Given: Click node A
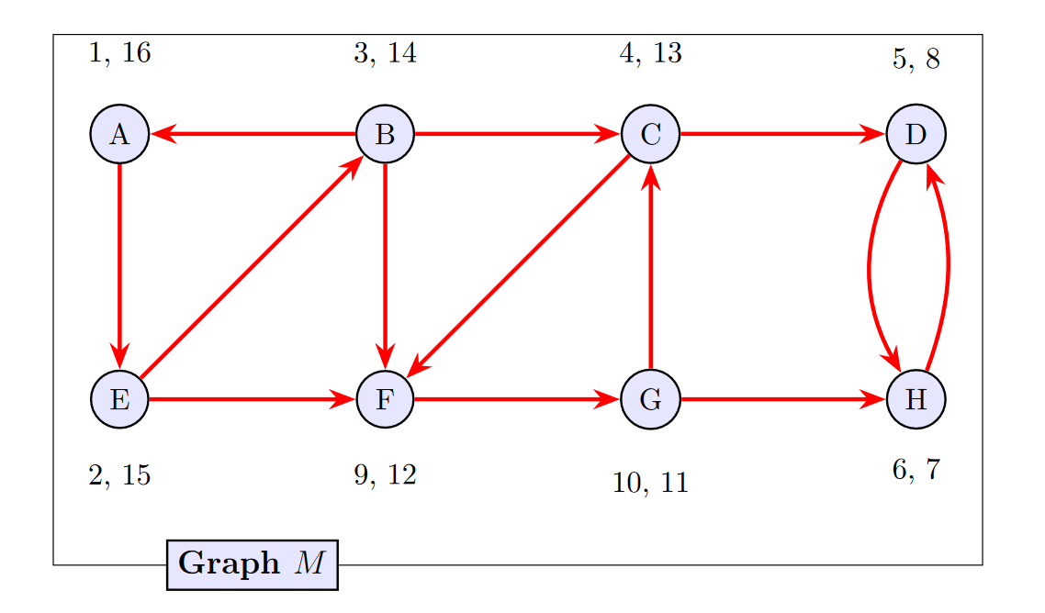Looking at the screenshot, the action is [119, 135].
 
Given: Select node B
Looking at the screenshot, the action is [385, 135].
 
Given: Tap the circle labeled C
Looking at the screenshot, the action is [650, 135].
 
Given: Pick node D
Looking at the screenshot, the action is [916, 135].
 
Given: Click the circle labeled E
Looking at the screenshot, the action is [119, 400].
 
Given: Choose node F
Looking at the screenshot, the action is [385, 400].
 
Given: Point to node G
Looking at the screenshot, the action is [650, 400].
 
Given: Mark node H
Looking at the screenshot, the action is [916, 400].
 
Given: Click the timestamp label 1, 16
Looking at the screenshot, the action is [119, 54].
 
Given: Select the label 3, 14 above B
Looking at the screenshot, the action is [385, 54].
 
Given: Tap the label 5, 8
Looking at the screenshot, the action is [916, 60].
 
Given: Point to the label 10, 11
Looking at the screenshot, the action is [650, 483].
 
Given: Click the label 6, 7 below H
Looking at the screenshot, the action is [916, 470].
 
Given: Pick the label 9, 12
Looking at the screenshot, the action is [385, 475].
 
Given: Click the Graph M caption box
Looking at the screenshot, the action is [252, 563].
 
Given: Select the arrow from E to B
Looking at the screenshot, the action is [252, 268].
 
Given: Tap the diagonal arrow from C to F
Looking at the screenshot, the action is [518, 268].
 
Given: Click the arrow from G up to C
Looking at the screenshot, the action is [650, 268].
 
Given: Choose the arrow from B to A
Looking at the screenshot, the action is [253, 135].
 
